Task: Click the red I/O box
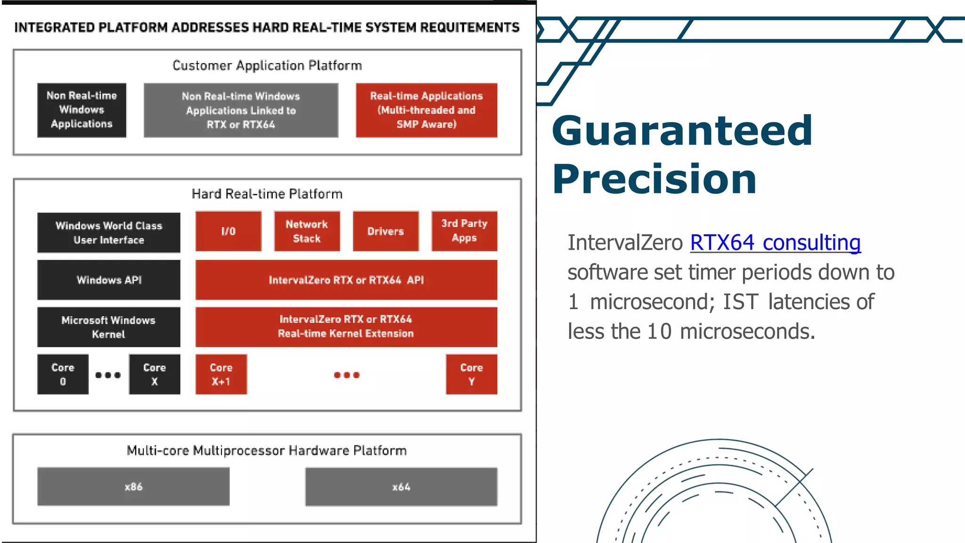pyautogui.click(x=229, y=231)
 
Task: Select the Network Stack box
pyautogui.click(x=307, y=231)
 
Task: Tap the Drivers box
pyautogui.click(x=385, y=231)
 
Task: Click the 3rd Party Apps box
pyautogui.click(x=464, y=231)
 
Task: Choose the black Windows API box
pyautogui.click(x=109, y=280)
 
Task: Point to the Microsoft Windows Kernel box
pyautogui.click(x=109, y=327)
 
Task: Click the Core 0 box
pyautogui.click(x=63, y=374)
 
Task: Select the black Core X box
pyautogui.click(x=155, y=374)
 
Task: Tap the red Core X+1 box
pyautogui.click(x=221, y=374)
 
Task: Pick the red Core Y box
pyautogui.click(x=471, y=374)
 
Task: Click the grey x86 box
pyautogui.click(x=133, y=486)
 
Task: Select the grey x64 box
pyautogui.click(x=401, y=486)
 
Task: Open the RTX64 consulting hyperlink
pyautogui.click(x=775, y=243)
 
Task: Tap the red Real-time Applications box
pyautogui.click(x=426, y=110)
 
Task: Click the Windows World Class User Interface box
pyautogui.click(x=109, y=233)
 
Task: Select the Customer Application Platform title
pyautogui.click(x=267, y=66)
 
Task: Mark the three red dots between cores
pyautogui.click(x=347, y=375)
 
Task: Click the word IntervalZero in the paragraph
pyautogui.click(x=625, y=243)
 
